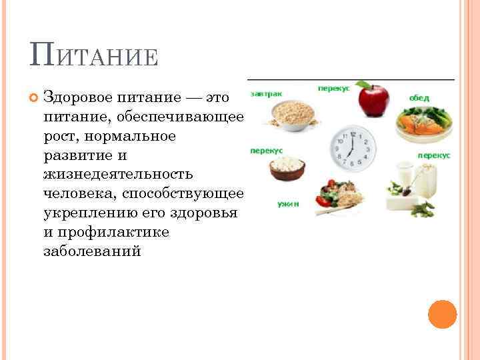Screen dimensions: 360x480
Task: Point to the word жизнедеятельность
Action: [117, 174]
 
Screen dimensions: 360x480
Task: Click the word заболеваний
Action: [92, 251]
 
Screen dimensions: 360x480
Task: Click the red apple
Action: [373, 100]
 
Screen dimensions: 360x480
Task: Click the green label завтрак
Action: [264, 94]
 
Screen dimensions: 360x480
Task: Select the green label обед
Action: [419, 97]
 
